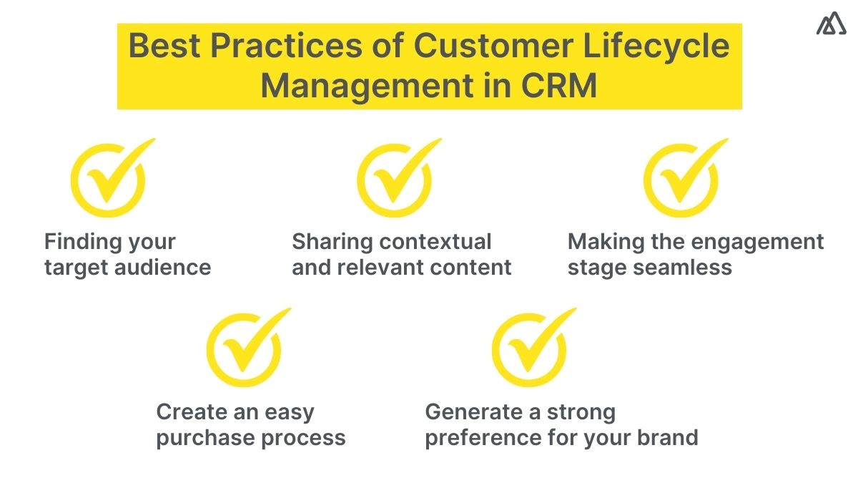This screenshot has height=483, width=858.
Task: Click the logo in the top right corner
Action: [x=830, y=24]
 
